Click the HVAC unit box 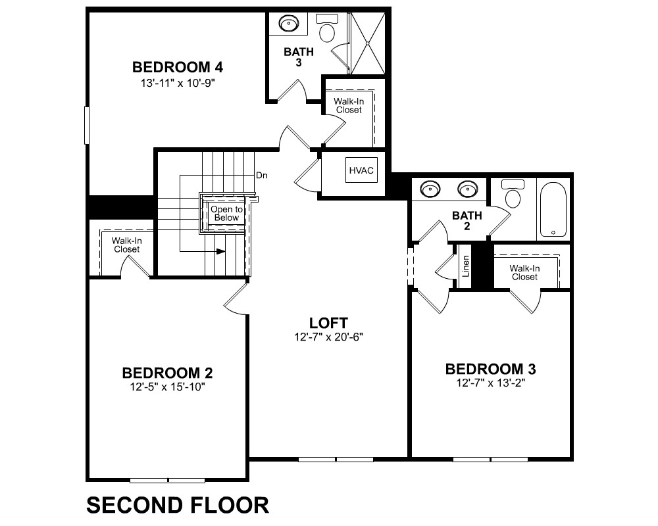[361, 170]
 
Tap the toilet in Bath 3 [327, 28]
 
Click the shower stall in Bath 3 [368, 43]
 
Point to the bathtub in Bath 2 [553, 209]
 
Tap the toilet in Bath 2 [513, 193]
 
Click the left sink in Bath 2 [430, 189]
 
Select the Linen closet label [465, 266]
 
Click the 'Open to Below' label [226, 214]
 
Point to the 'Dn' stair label [262, 176]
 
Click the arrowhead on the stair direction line [220, 251]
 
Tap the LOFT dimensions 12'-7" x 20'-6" [328, 337]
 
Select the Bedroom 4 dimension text [178, 83]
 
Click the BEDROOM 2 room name [167, 373]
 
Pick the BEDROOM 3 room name [491, 369]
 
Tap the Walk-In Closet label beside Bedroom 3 [524, 273]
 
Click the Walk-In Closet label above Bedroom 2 [127, 245]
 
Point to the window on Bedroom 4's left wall [87, 125]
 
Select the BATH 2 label [467, 221]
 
